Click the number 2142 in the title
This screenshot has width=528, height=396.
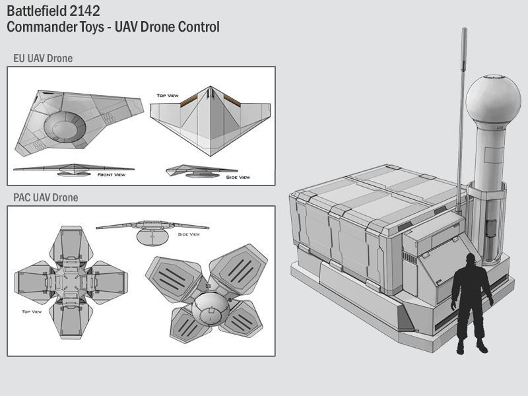84,11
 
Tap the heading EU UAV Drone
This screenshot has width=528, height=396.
43,58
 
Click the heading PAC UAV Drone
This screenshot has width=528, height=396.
46,197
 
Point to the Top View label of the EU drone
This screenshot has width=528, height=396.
168,96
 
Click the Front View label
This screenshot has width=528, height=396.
111,175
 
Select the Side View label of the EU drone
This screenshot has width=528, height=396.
238,177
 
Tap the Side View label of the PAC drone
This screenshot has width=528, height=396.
189,234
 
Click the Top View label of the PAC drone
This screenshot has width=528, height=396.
32,312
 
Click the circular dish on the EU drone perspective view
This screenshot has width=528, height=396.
65,127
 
